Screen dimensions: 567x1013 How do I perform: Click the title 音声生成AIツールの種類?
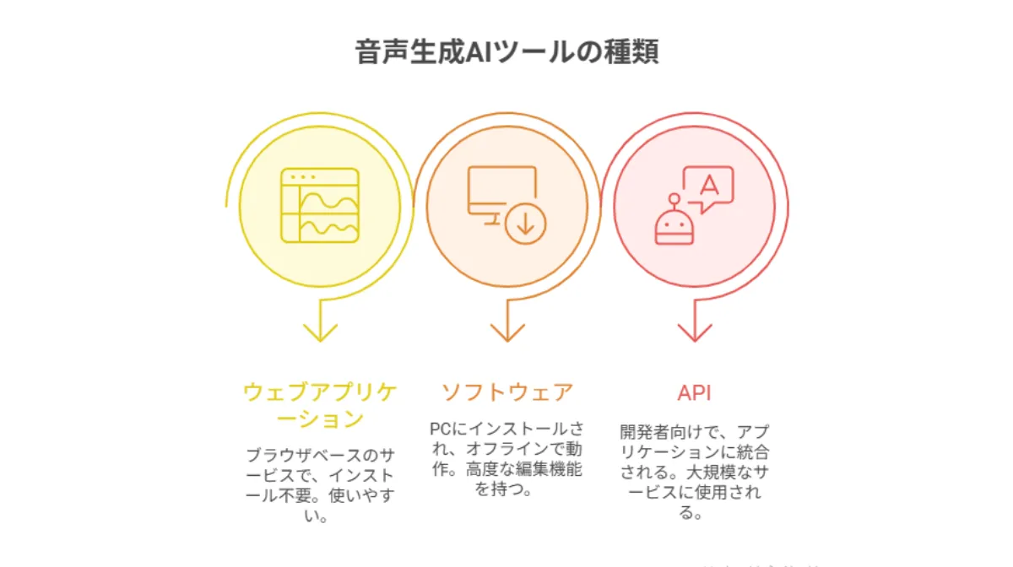[x=506, y=51]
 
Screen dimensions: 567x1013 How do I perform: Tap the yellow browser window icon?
[x=320, y=205]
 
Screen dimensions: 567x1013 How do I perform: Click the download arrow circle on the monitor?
[x=526, y=224]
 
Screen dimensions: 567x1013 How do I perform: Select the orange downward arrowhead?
[x=506, y=331]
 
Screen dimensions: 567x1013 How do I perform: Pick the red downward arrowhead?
[x=694, y=331]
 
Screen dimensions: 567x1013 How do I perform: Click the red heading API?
[x=694, y=392]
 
